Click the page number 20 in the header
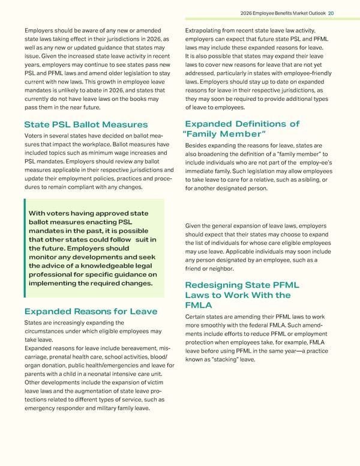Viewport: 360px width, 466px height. (347, 13)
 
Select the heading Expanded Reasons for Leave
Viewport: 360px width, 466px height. (90, 311)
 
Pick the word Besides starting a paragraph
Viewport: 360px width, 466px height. (199, 145)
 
